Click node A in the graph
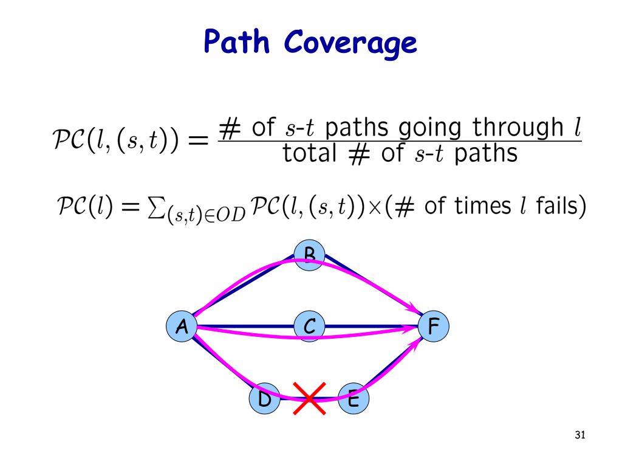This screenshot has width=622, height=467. click(x=181, y=327)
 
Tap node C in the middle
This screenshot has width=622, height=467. click(x=309, y=327)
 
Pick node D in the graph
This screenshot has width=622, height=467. click(x=265, y=400)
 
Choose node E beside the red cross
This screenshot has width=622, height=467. click(x=354, y=400)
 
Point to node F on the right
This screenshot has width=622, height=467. click(x=433, y=327)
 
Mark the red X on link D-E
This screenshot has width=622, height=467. click(x=310, y=398)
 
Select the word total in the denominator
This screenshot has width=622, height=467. click(x=309, y=154)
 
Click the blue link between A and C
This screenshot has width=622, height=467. click(x=243, y=325)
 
